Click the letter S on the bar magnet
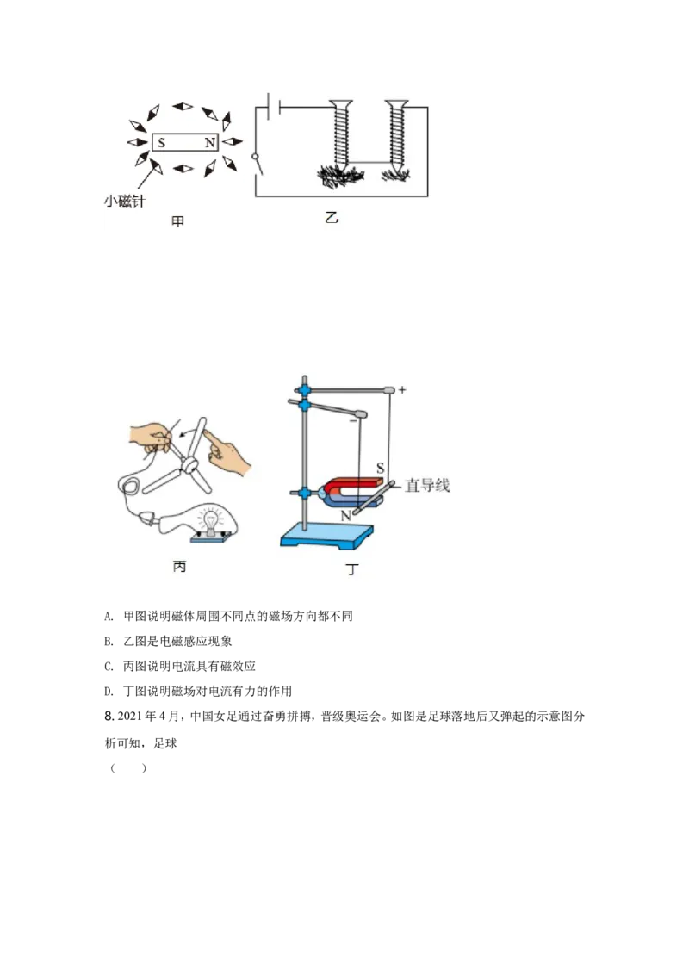click(x=162, y=143)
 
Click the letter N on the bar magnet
click(x=209, y=143)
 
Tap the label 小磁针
click(x=122, y=202)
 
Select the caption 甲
click(x=177, y=222)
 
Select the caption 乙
click(x=332, y=218)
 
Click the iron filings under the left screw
click(x=341, y=177)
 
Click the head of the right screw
click(x=396, y=106)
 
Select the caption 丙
click(x=179, y=566)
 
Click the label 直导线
click(x=427, y=486)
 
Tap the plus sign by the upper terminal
click(x=402, y=390)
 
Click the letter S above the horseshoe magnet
click(x=379, y=469)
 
